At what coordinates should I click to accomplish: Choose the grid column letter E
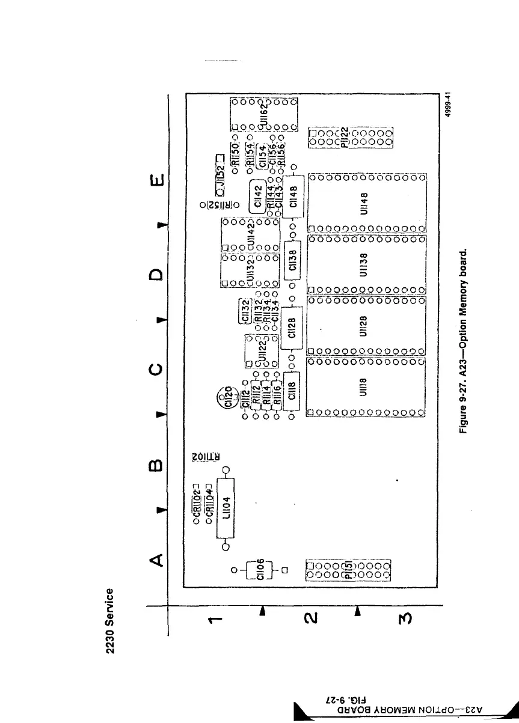156,180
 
